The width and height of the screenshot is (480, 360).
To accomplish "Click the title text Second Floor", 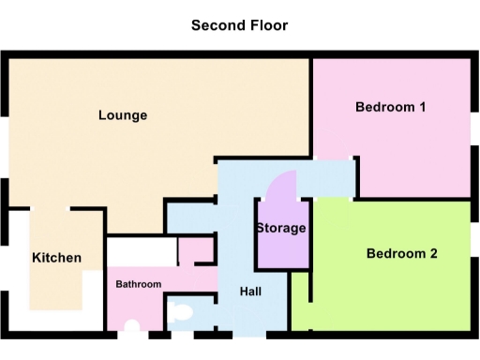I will [239, 25].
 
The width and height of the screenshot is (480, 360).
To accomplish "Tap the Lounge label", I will [123, 115].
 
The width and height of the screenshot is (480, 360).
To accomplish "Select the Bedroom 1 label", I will [391, 107].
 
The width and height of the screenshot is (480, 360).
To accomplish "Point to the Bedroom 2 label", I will [402, 253].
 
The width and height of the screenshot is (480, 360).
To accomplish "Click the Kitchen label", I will [56, 258].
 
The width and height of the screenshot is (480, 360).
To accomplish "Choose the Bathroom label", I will [139, 284].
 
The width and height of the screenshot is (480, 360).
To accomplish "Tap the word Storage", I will [281, 229].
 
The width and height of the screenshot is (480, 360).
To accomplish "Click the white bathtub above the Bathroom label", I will [142, 251].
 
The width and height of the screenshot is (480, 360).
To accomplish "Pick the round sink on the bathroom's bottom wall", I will [133, 327].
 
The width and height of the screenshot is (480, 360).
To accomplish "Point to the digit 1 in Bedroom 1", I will [423, 107].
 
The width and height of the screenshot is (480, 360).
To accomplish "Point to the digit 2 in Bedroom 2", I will [434, 253].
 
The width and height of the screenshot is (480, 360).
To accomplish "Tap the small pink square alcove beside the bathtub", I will [196, 251].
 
